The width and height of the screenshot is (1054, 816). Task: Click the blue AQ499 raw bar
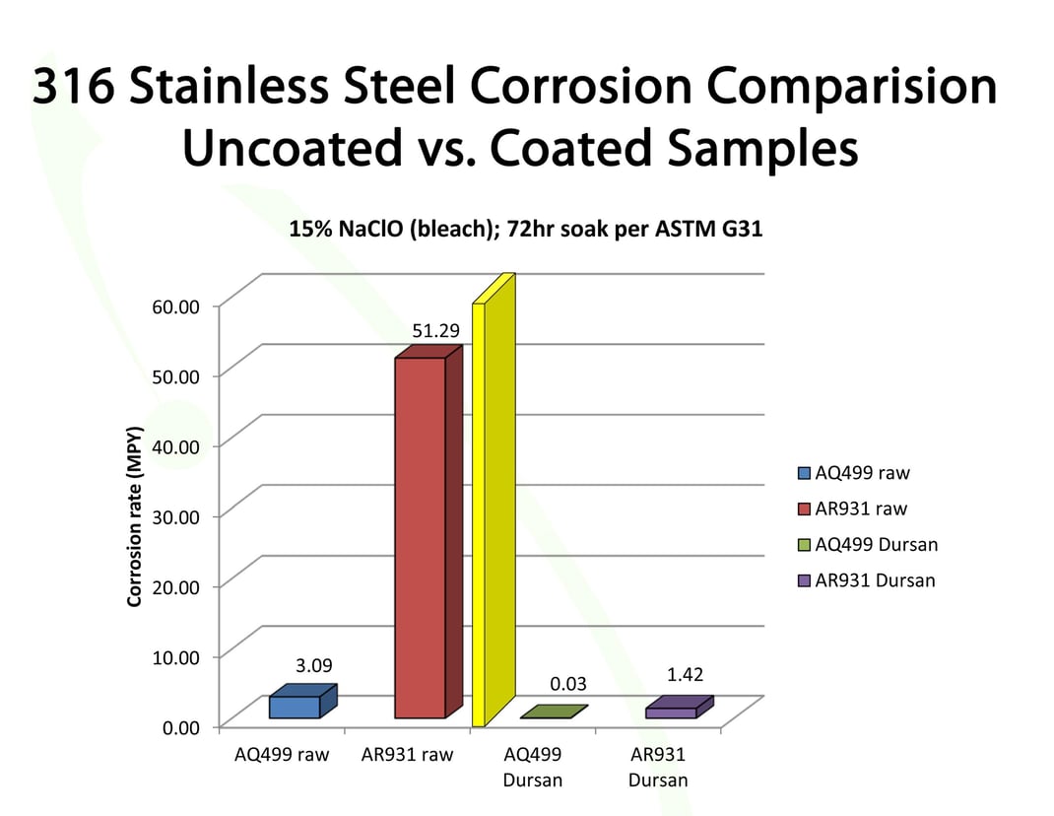(x=296, y=706)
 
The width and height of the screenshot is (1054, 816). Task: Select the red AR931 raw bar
(x=421, y=537)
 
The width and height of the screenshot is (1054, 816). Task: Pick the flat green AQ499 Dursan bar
(x=553, y=712)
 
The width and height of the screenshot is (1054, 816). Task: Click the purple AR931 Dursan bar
(x=672, y=711)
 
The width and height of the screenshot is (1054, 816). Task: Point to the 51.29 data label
(x=435, y=331)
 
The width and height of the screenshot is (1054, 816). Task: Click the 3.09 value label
(x=314, y=666)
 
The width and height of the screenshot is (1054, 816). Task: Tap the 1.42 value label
(x=685, y=674)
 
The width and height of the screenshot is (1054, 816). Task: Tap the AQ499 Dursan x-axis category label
(x=533, y=768)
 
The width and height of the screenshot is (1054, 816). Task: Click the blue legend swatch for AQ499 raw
(x=803, y=474)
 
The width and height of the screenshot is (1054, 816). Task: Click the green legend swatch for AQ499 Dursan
(x=803, y=545)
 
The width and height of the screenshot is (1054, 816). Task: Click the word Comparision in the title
(x=834, y=87)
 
